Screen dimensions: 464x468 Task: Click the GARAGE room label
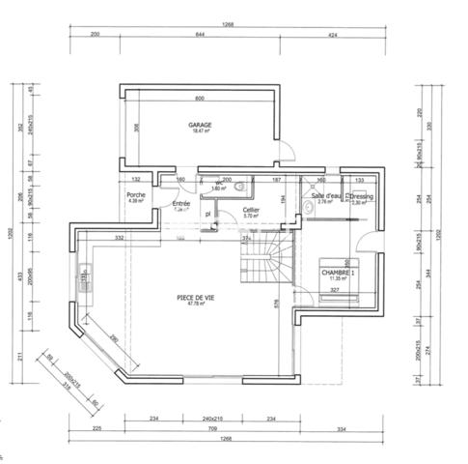coord(201,125)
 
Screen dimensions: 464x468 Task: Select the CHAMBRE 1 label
coord(339,273)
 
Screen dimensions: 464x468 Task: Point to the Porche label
coord(136,195)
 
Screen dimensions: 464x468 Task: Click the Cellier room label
coord(251,210)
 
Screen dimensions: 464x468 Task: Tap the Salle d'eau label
coord(325,196)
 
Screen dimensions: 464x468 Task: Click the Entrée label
coord(181,204)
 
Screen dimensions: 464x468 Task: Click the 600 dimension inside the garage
coord(201,99)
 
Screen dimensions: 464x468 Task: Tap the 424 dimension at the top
coord(331,34)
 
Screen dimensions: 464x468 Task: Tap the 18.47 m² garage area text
coord(201,132)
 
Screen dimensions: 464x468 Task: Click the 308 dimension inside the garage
coord(137,127)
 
